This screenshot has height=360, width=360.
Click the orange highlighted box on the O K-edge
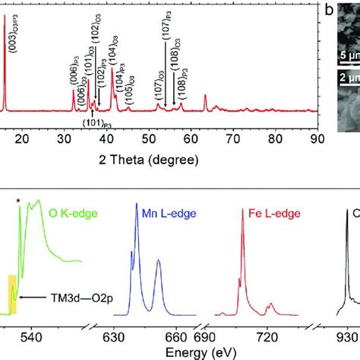pos(12,293)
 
